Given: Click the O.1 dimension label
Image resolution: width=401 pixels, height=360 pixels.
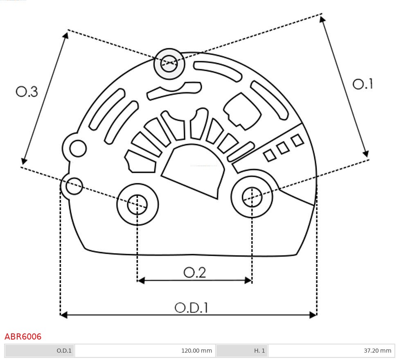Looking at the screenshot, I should [363, 84].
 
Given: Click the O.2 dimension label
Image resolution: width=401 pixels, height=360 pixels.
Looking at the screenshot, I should [194, 272].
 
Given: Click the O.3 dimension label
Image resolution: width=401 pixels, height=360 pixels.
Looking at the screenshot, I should [27, 92].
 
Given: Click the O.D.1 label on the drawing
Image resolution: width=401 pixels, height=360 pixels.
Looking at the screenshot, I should [191, 308].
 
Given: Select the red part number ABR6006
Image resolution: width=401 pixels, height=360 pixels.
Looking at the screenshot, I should [23, 337].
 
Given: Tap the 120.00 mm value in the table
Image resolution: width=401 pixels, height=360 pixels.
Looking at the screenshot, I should [196, 351].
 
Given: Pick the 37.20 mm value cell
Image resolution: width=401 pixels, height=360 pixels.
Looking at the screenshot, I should [377, 351].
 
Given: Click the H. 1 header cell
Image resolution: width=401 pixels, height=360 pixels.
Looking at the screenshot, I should [259, 351].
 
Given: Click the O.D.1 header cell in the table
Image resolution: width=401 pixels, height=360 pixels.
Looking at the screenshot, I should [64, 351].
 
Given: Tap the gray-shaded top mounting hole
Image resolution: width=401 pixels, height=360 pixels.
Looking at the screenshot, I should [169, 64].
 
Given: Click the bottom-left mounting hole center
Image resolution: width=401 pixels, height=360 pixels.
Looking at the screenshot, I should [137, 204].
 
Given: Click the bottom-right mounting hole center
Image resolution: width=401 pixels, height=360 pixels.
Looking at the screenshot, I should [252, 198].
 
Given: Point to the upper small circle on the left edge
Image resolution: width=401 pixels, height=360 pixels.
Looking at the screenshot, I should [78, 148].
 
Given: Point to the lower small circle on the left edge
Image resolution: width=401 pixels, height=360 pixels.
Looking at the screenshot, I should [74, 186].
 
